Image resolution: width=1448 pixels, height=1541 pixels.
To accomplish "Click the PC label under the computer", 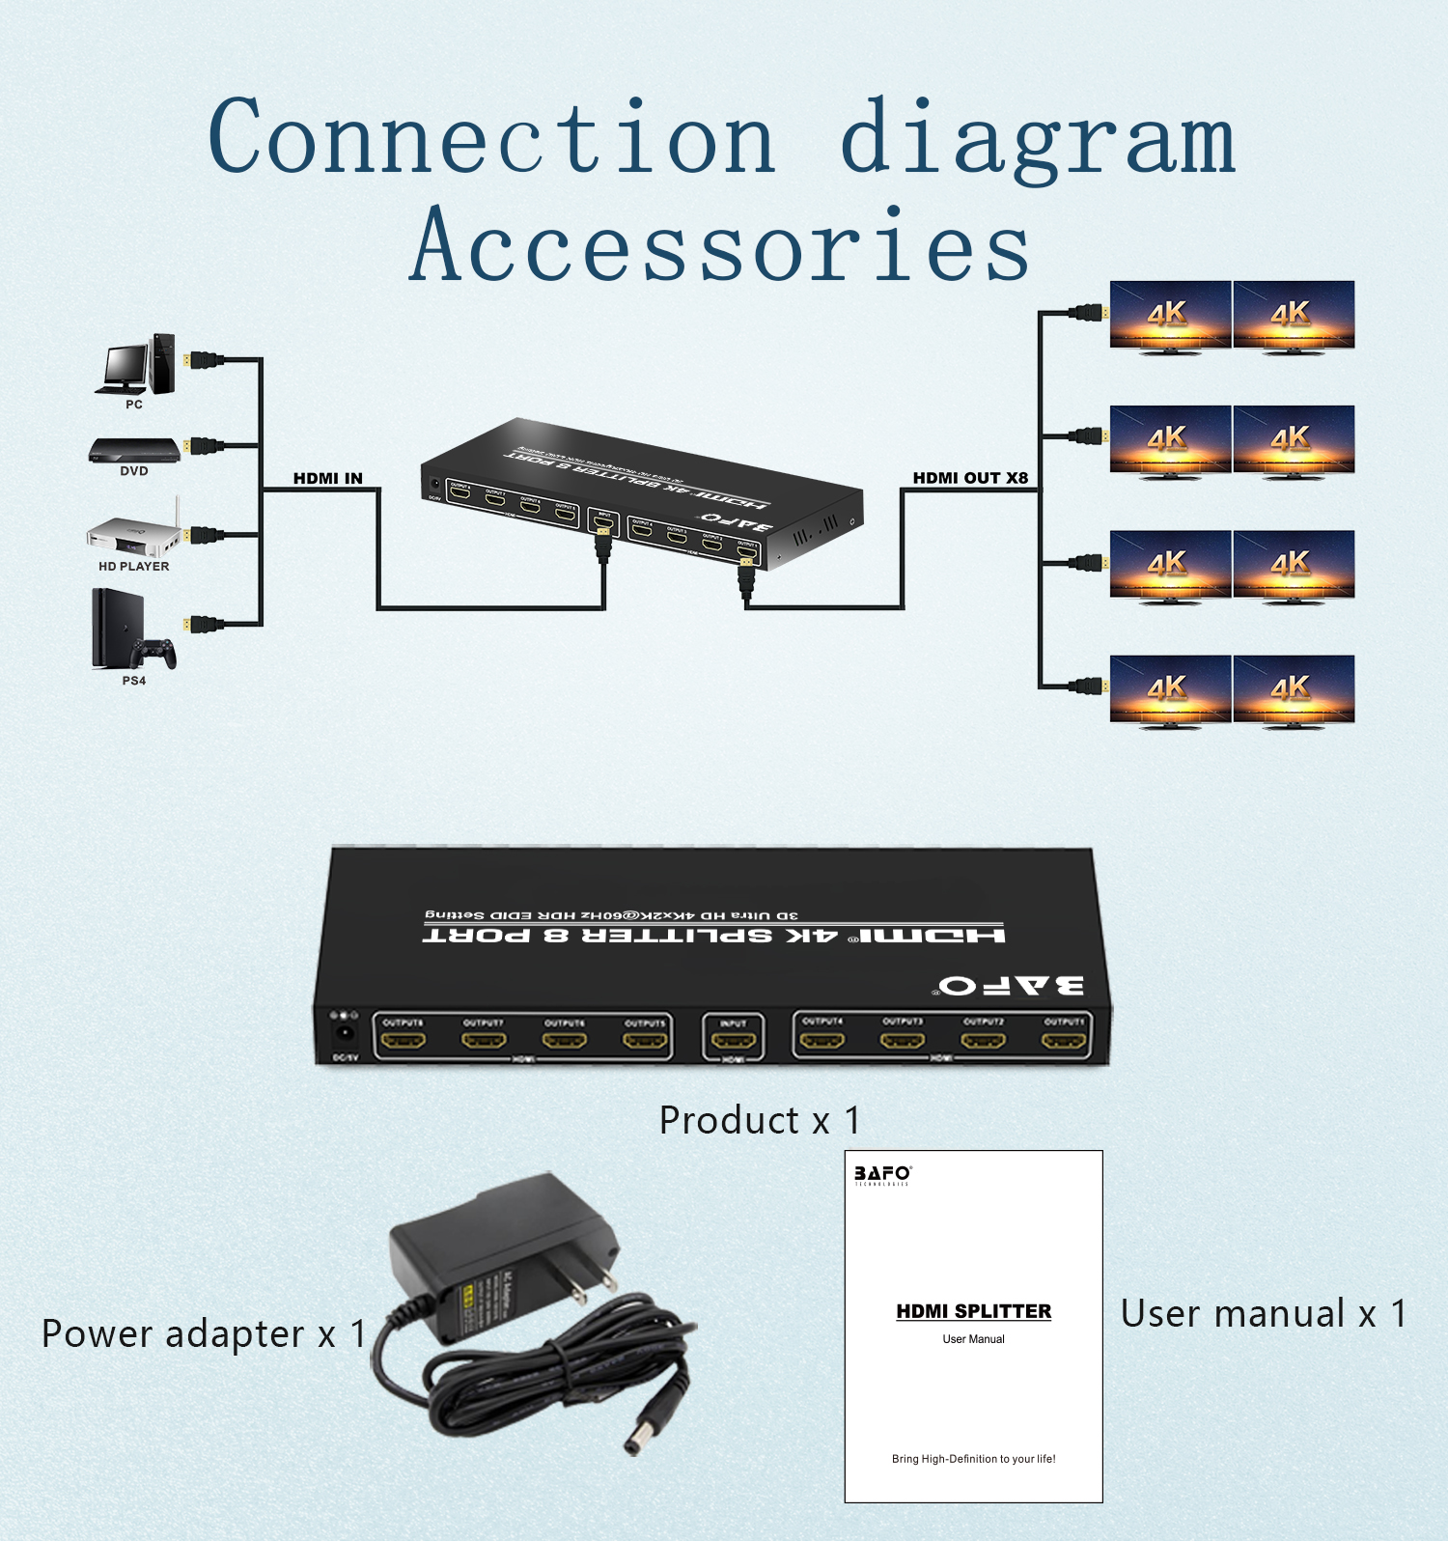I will coord(134,405).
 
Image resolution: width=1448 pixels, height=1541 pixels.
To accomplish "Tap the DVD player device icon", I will coord(134,450).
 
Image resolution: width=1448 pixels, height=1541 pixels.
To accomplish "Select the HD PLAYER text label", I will coord(134,567).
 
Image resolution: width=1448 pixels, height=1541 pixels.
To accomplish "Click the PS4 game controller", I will coord(154,653).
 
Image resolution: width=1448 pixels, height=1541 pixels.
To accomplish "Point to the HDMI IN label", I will coord(328,478).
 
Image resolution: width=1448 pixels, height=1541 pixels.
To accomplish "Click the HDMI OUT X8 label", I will coord(970,478).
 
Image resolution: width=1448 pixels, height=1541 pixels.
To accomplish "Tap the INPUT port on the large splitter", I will coord(734,1041).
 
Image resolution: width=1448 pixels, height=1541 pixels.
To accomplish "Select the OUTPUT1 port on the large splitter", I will coord(1064,1041).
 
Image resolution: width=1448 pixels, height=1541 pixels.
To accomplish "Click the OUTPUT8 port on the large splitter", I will coord(404,1041).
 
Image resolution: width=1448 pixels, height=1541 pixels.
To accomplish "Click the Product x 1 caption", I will coord(760,1121).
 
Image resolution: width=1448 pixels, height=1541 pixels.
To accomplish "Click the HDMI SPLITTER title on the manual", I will coord(973,1311).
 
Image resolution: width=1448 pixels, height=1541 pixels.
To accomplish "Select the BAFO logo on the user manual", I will coord(881,1174).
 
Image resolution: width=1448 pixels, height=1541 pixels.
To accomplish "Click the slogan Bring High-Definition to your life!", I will coord(973,1459).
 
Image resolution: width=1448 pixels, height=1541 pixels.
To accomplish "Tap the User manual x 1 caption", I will coord(1264,1314).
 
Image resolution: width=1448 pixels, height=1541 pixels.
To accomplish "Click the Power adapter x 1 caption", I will coord(204,1334).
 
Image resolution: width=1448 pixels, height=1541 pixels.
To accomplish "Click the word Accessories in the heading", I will coord(720,247).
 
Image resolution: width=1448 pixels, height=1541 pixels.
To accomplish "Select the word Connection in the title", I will coord(492,138).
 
